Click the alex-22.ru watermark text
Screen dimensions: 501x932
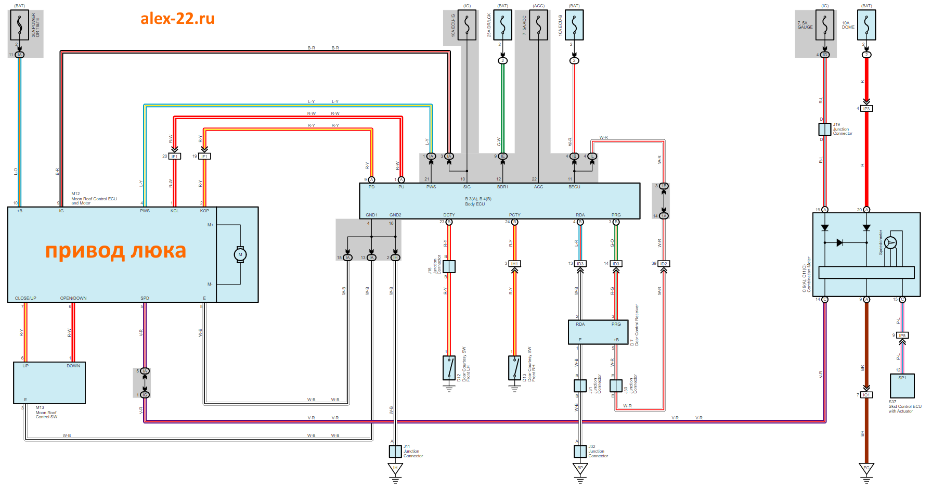[x=177, y=19]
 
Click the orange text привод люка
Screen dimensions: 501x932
[x=115, y=251]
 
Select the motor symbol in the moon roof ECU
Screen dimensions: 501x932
[x=240, y=255]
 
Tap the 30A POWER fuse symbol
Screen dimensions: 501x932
[x=19, y=25]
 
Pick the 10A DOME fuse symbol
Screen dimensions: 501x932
[x=866, y=25]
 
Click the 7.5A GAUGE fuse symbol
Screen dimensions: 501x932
[x=825, y=25]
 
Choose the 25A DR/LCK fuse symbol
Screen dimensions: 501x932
[x=502, y=25]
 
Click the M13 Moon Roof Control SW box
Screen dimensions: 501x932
[x=49, y=383]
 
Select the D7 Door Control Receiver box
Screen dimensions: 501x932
[x=598, y=332]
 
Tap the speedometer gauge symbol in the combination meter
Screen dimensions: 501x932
[x=890, y=243]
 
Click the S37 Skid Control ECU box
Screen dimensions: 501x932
[x=902, y=386]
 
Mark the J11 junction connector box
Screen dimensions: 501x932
[x=395, y=452]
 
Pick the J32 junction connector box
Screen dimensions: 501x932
[x=580, y=452]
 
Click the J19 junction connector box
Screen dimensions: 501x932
[x=825, y=129]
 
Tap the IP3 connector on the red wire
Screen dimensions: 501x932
[x=866, y=109]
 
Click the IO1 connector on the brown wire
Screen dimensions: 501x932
[x=866, y=395]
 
